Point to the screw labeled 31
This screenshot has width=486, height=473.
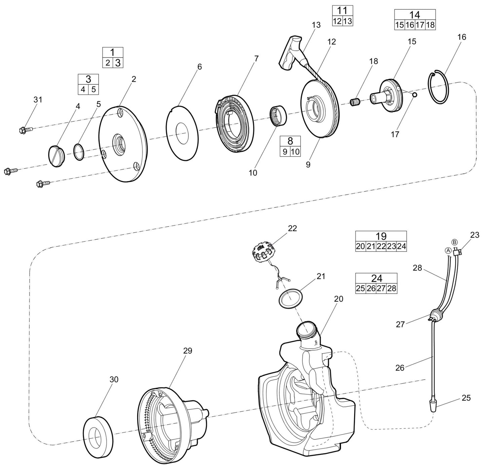click(x=25, y=129)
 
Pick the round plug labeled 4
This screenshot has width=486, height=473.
click(x=56, y=156)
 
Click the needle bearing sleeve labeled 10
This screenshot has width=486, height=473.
click(x=278, y=116)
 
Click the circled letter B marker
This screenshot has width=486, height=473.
click(x=454, y=242)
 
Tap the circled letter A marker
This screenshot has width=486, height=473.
click(x=448, y=250)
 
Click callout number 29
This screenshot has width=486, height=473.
click(x=187, y=351)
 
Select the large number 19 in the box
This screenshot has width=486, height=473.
click(x=381, y=236)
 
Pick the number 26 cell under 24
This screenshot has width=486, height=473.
click(x=371, y=288)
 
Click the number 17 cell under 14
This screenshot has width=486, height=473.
click(x=420, y=25)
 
